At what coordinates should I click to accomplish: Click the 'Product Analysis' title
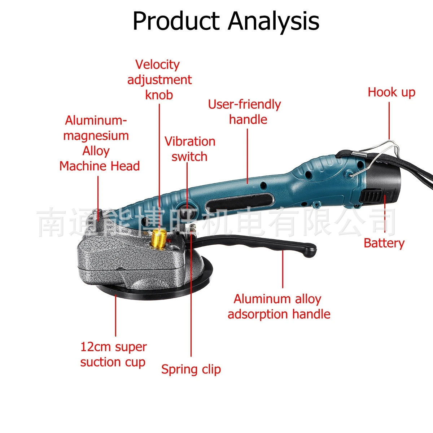[x=226, y=21]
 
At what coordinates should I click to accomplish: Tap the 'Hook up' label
[x=392, y=92]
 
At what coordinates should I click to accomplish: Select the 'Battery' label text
[x=384, y=243]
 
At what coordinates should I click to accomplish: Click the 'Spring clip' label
[x=191, y=369]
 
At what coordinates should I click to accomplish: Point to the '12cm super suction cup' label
[x=113, y=354]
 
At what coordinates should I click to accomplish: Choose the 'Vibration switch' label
[x=190, y=149]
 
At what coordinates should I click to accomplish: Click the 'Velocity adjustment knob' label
[x=159, y=79]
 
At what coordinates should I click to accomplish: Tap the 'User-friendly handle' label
[x=245, y=112]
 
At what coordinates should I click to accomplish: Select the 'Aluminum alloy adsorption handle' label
[x=279, y=306]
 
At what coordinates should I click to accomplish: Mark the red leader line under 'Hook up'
[x=389, y=121]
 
